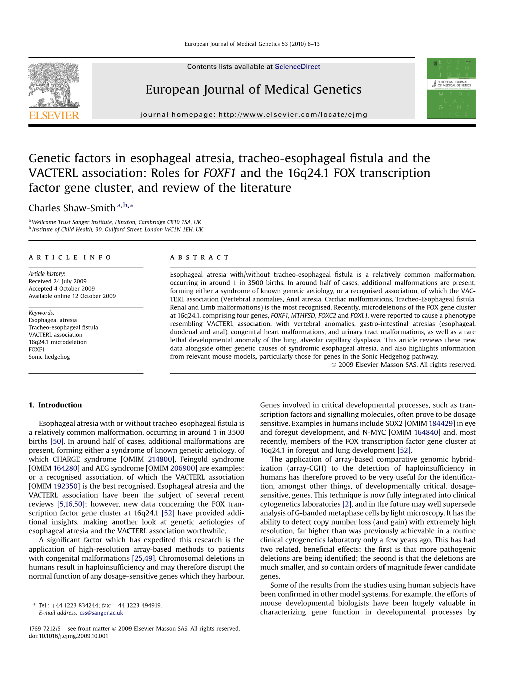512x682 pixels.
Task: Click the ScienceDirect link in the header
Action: (x=297, y=67)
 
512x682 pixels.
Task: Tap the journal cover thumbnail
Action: (x=451, y=88)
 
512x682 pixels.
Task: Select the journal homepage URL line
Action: (x=253, y=115)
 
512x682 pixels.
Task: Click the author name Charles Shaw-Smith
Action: (x=72, y=208)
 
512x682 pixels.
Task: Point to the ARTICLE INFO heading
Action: (x=70, y=258)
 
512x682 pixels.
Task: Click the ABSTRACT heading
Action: (x=199, y=258)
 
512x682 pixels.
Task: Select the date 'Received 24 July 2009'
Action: (x=57, y=282)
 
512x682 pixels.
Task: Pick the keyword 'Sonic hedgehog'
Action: (x=49, y=357)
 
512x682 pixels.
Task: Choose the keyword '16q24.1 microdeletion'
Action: (x=58, y=342)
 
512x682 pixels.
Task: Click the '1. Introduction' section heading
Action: (x=55, y=405)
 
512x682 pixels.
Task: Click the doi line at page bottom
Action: (x=68, y=636)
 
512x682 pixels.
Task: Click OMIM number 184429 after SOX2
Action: (x=441, y=424)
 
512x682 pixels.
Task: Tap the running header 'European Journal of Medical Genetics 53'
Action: (x=251, y=44)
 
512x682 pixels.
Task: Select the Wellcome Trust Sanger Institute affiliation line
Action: (x=116, y=222)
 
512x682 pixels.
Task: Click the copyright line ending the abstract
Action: (x=403, y=365)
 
